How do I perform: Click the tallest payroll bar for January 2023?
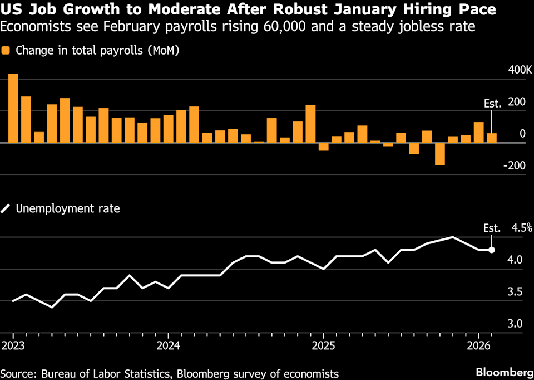tap(13, 108)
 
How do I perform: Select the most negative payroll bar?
tap(440, 154)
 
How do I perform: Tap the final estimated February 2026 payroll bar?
tap(492, 138)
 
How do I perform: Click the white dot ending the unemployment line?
tap(492, 250)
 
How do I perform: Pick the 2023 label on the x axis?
tap(13, 346)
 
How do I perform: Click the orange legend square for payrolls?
tap(6, 51)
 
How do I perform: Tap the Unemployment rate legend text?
tap(68, 209)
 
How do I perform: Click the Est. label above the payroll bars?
tap(492, 104)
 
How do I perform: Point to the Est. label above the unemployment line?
tap(492, 228)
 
